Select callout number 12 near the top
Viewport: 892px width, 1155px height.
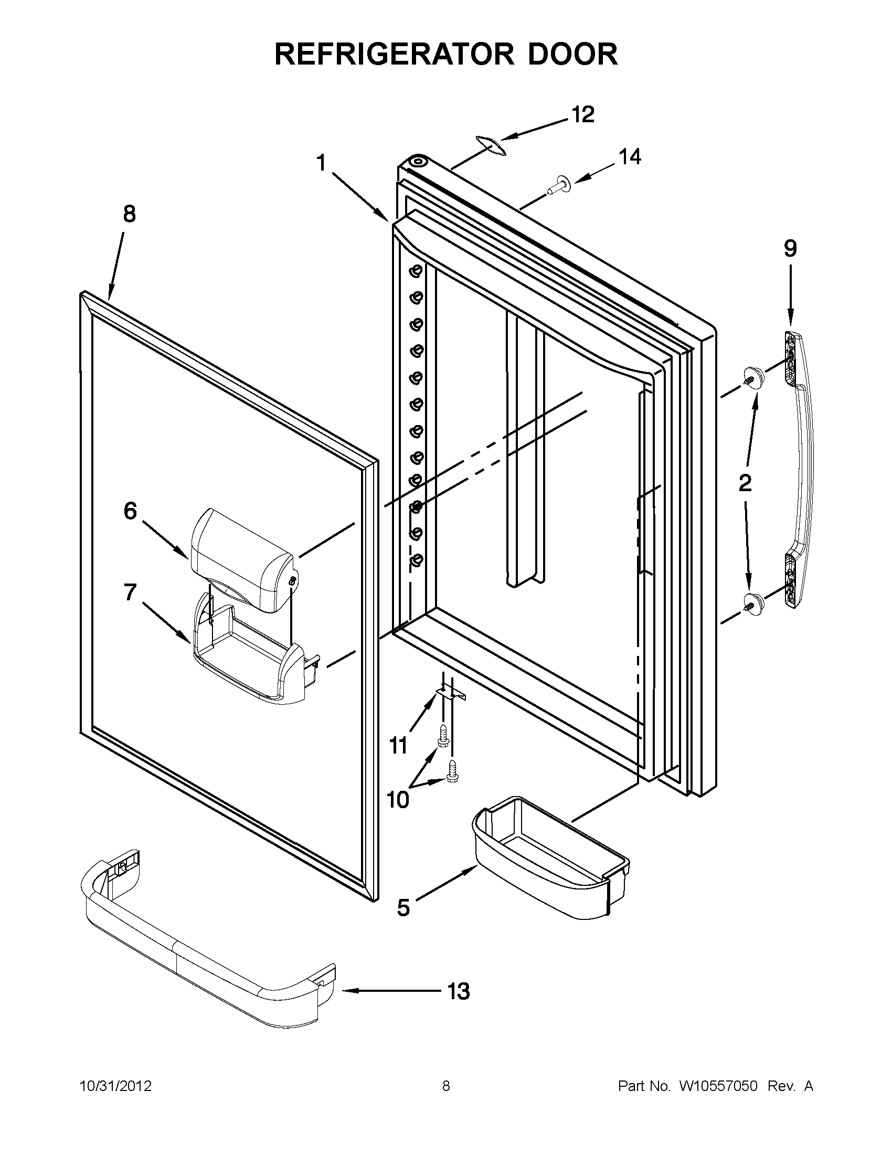(x=582, y=115)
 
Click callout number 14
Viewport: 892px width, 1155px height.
(x=630, y=156)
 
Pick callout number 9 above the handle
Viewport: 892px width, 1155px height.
(x=790, y=249)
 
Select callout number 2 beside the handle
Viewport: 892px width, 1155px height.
(x=745, y=482)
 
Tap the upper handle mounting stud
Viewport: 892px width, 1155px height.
(x=753, y=376)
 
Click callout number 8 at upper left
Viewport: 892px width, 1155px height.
(x=129, y=214)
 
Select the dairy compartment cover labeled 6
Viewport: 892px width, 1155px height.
(x=243, y=560)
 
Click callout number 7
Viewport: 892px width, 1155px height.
(x=131, y=592)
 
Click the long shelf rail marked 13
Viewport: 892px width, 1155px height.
(x=206, y=952)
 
